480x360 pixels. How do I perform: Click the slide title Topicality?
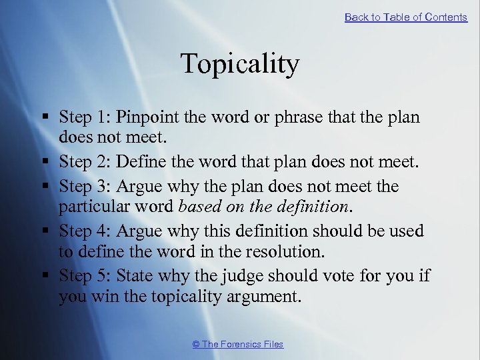pos(240,64)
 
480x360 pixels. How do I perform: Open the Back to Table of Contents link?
pos(405,17)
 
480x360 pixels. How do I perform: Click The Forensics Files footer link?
pos(237,344)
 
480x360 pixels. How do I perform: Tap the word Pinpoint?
pos(144,117)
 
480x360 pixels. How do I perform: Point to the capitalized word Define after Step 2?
pos(138,162)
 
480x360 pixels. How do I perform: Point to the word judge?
pos(241,275)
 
